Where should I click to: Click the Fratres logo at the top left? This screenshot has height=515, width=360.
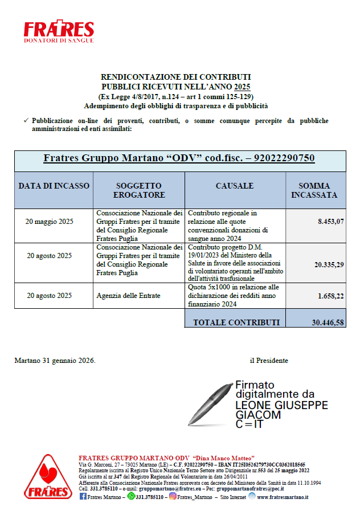pyautogui.click(x=59, y=32)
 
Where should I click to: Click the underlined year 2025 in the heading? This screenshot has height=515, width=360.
pyautogui.click(x=242, y=87)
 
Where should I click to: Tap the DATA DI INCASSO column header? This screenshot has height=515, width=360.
pyautogui.click(x=54, y=186)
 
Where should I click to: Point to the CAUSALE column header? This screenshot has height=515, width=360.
pyautogui.click(x=235, y=186)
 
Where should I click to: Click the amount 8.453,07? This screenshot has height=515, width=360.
pyautogui.click(x=331, y=222)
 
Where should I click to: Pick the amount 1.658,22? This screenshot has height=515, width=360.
pyautogui.click(x=331, y=296)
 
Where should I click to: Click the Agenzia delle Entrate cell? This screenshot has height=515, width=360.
pyautogui.click(x=129, y=296)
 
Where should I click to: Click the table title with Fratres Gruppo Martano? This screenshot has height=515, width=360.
pyautogui.click(x=179, y=158)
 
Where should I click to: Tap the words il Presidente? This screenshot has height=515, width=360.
pyautogui.click(x=269, y=361)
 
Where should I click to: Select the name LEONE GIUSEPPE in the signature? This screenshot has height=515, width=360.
pyautogui.click(x=281, y=405)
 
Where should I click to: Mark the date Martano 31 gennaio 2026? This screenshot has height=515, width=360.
pyautogui.click(x=55, y=361)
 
